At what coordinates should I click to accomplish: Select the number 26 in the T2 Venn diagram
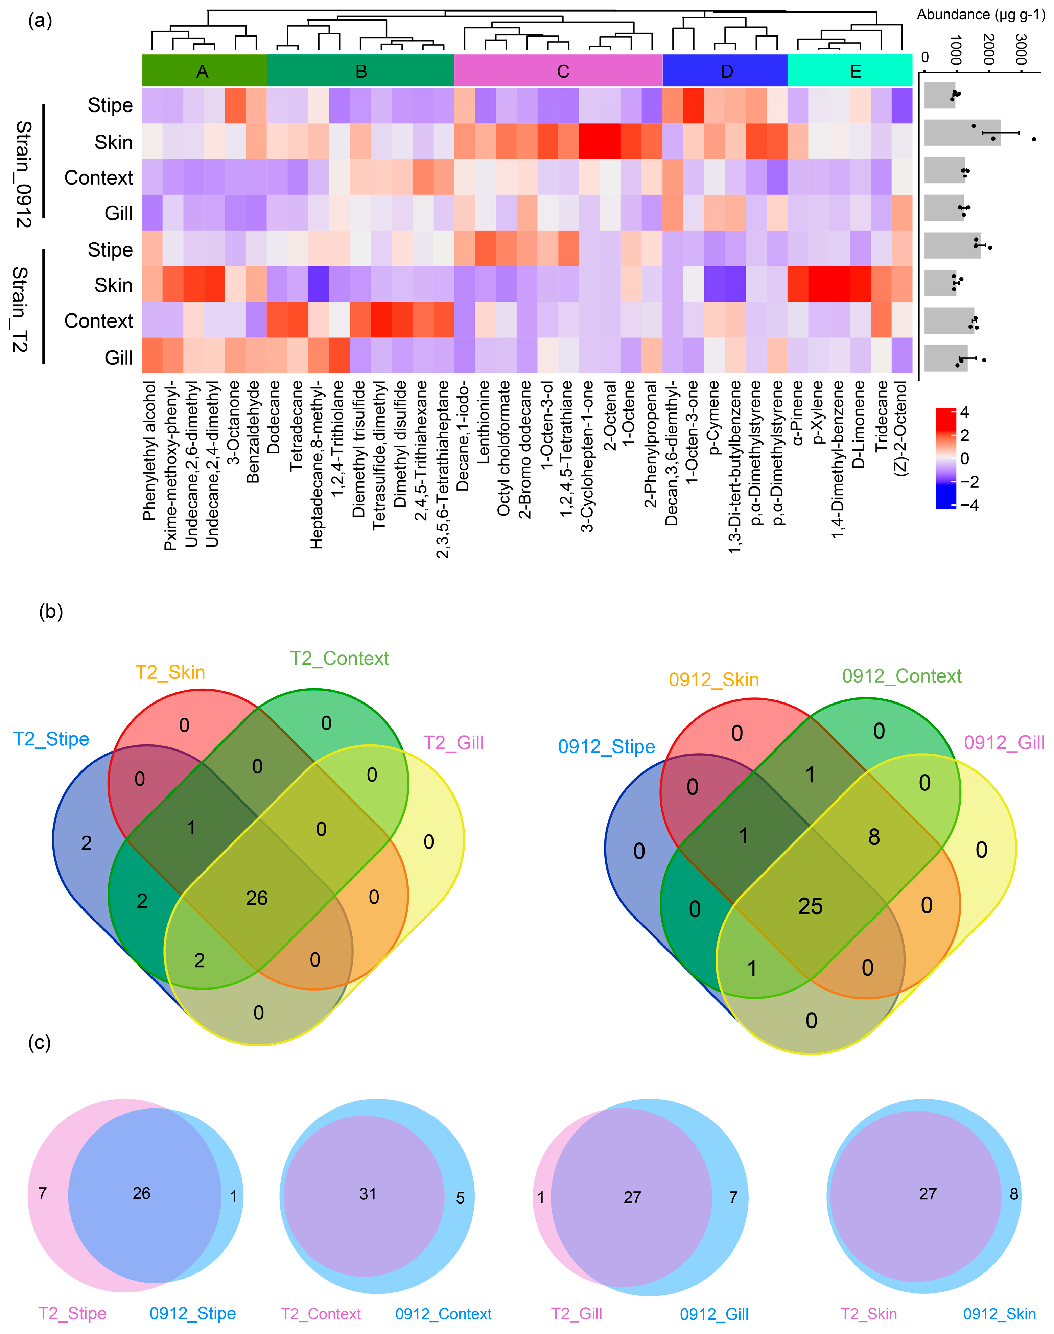click(257, 898)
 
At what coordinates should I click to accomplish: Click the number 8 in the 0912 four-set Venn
click(874, 837)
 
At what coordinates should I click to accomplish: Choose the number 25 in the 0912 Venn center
click(810, 906)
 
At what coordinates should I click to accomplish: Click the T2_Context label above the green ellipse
click(339, 658)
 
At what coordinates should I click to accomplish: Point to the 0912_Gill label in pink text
click(1004, 742)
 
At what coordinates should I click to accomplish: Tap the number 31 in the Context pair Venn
click(368, 1194)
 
